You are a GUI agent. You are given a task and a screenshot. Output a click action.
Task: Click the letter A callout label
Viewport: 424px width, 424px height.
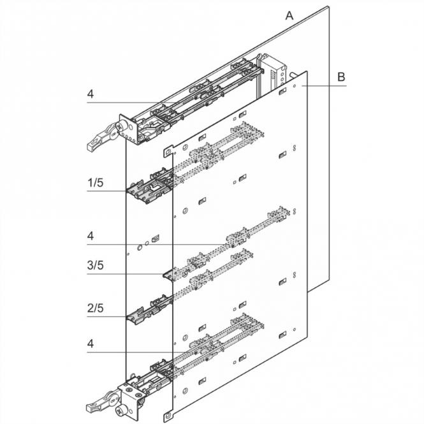point(289,16)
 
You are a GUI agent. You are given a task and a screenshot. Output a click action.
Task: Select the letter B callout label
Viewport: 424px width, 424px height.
point(341,77)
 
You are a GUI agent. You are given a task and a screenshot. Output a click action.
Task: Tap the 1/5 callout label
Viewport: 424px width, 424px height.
point(94,182)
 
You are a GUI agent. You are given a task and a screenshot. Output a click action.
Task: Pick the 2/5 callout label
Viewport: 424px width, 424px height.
point(94,309)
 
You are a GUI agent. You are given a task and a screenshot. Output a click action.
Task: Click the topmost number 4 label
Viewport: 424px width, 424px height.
point(91,94)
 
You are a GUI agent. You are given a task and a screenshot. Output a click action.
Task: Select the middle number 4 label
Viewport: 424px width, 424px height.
point(91,236)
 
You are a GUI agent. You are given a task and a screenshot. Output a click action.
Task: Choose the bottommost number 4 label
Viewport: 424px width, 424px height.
point(91,343)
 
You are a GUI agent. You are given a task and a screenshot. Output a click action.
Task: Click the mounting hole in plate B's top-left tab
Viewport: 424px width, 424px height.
point(168,153)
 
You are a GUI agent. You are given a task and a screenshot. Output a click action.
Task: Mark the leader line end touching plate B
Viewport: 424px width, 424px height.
point(305,85)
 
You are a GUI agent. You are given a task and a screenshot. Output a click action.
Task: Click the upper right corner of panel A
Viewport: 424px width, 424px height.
point(329,7)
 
